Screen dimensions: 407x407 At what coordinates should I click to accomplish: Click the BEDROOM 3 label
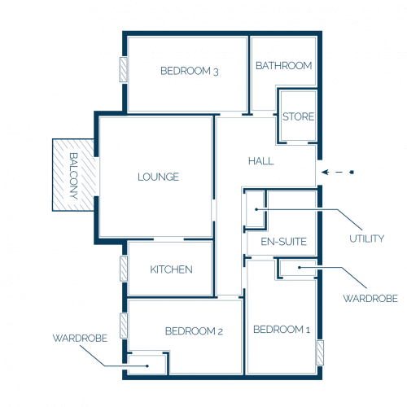[x=190, y=71]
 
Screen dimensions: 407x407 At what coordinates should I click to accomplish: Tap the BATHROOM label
[x=283, y=66]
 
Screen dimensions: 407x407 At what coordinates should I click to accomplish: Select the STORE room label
[x=298, y=116]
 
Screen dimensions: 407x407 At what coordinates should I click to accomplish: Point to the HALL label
[x=261, y=161]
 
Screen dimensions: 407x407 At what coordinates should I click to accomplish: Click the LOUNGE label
[x=158, y=177]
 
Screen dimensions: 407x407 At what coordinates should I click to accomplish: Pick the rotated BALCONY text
[x=73, y=176]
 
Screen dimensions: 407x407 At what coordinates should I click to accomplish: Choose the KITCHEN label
[x=171, y=269]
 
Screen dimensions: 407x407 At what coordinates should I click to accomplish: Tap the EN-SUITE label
[x=283, y=242]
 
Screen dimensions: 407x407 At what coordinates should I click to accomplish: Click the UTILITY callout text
[x=366, y=239]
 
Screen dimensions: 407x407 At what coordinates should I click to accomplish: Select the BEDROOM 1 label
[x=282, y=330]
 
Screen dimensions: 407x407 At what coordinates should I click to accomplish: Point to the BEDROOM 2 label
[x=194, y=331]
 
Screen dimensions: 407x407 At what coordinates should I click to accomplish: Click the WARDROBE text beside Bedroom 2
[x=80, y=338]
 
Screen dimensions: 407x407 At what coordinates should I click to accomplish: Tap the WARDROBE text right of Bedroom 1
[x=370, y=299]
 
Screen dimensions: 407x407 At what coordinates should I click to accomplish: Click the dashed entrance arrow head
[x=325, y=172]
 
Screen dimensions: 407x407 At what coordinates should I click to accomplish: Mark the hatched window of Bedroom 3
[x=124, y=69]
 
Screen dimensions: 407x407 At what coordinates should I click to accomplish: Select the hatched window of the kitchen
[x=124, y=269]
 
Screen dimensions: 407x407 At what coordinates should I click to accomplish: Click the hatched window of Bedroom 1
[x=320, y=352]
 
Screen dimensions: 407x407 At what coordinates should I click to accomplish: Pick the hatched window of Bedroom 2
[x=124, y=326]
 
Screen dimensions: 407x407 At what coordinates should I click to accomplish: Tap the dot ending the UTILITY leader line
[x=256, y=209]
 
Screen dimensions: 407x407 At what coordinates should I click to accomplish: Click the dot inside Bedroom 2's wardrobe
[x=147, y=366]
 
